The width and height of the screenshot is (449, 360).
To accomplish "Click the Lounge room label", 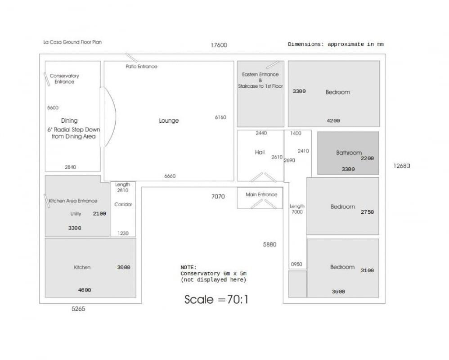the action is coord(169,121).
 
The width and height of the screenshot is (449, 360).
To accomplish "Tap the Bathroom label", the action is coord(349,153).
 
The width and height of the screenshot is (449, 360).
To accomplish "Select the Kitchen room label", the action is coord(82,267).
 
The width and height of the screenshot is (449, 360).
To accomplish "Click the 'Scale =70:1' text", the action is coord(216,300).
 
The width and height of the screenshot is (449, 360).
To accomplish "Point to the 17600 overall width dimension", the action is coord(219,45).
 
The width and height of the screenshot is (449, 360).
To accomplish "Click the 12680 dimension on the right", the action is coord(402,166).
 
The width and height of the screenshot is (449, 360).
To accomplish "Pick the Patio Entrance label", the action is coord(141,67).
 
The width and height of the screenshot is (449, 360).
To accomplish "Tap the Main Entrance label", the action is coord(261,194).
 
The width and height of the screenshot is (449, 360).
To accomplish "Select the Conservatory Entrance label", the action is coord(64,79).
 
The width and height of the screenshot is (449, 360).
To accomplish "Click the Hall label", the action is coord(260,153).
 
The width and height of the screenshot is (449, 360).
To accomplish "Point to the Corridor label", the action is coord(123,204).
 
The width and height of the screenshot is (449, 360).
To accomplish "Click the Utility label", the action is coord(76,214).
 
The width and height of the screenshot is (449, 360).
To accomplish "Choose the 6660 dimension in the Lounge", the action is coord(170,176).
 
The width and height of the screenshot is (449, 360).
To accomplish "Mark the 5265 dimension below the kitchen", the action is coord(78,309).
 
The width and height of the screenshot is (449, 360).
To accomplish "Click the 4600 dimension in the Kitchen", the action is coord(85,290).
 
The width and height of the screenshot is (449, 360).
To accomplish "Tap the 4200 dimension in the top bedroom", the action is coord(333,121).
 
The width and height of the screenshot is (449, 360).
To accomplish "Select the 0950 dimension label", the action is coord(296,265).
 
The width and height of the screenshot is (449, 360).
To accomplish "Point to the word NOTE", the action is coord(189,267).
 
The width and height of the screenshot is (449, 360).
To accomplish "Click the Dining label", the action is coord(69,121).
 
